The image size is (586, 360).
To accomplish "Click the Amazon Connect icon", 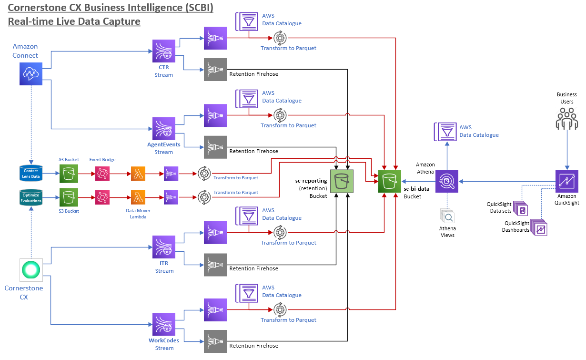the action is pyautogui.click(x=31, y=74).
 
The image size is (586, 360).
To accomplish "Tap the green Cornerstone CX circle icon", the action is pyautogui.click(x=31, y=270).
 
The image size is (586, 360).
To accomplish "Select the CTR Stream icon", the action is pyautogui.click(x=164, y=51).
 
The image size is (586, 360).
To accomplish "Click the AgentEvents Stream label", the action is pyautogui.click(x=164, y=148).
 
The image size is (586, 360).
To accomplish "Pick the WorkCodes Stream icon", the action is pyautogui.click(x=164, y=324).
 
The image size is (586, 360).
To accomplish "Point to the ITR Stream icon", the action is pyautogui.click(x=164, y=247).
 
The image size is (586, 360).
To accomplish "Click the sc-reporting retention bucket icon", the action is pyautogui.click(x=342, y=181).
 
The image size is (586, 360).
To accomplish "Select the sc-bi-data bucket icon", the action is pyautogui.click(x=390, y=181).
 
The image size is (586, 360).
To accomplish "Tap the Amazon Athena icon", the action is pyautogui.click(x=447, y=181).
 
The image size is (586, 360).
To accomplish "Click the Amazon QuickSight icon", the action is pyautogui.click(x=567, y=181).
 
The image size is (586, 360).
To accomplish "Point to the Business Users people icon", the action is pyautogui.click(x=567, y=119).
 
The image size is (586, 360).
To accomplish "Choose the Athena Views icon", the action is pyautogui.click(x=447, y=216).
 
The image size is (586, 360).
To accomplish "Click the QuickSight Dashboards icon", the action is pyautogui.click(x=539, y=227).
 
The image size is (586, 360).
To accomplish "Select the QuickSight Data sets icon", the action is pyautogui.click(x=521, y=208).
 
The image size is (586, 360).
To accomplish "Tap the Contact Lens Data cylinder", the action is pyautogui.click(x=31, y=173).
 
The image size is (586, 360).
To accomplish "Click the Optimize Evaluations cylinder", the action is pyautogui.click(x=31, y=198).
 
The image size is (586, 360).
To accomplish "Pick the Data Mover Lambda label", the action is pyautogui.click(x=138, y=214).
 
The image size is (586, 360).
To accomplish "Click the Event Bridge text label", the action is pyautogui.click(x=102, y=159).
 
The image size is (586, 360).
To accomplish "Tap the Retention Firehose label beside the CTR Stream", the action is pyautogui.click(x=254, y=74).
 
